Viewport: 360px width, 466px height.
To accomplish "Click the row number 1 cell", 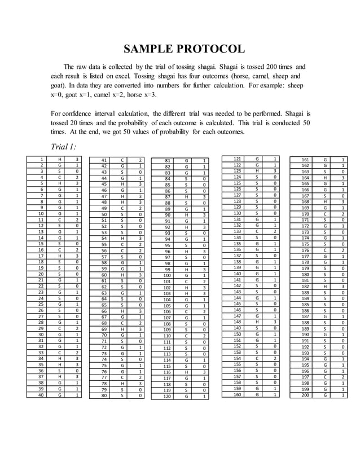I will (42, 160).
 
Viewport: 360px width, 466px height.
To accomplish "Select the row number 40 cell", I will (42, 395).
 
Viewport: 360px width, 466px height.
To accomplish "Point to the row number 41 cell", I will (104, 160).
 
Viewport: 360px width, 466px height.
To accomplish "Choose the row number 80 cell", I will (104, 395).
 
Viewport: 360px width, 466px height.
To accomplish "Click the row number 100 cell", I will (167, 275).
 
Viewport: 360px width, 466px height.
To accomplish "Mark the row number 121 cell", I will (237, 159).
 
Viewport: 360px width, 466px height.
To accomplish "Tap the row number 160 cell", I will (237, 394).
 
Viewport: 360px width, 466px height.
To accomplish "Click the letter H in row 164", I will (326, 178).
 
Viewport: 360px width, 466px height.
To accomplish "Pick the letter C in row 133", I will (257, 231).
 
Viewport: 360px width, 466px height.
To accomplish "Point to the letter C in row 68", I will (123, 323).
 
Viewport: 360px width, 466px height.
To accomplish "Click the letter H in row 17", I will (60, 256).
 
